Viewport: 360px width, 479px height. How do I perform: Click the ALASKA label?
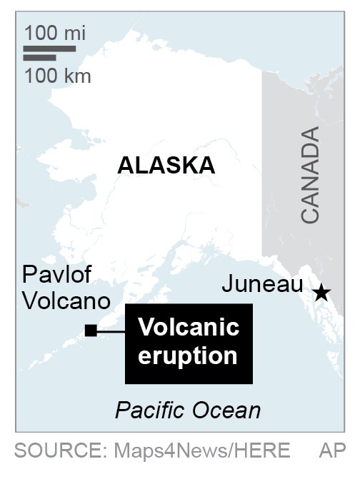pos(166,166)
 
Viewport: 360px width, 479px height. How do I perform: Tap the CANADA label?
pos(311,176)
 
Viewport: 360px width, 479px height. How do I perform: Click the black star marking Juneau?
pos(321,292)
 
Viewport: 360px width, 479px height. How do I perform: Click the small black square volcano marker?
pos(91,330)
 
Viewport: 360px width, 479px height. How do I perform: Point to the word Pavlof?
pos(58,275)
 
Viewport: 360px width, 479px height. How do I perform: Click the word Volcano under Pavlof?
pos(66,301)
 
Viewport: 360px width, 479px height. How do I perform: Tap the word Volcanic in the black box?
pos(188,328)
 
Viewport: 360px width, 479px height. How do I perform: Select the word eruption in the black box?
pos(187,355)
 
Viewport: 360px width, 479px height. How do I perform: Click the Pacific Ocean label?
pos(188,410)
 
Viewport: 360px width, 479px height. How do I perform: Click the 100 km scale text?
pos(57,76)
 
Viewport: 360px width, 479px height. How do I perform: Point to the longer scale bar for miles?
pos(49,49)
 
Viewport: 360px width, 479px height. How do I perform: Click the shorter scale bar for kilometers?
pos(39,58)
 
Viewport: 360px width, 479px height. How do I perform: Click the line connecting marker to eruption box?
pos(111,331)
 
